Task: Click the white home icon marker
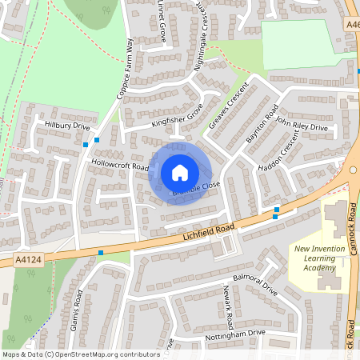pyautogui.click(x=180, y=173)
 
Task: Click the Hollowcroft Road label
pyautogui.click(x=121, y=164)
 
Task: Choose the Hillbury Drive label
pyautogui.click(x=68, y=126)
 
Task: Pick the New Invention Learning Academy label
pyautogui.click(x=314, y=258)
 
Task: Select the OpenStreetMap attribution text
pyautogui.click(x=81, y=354)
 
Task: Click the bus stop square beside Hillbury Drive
pyautogui.click(x=86, y=145)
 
